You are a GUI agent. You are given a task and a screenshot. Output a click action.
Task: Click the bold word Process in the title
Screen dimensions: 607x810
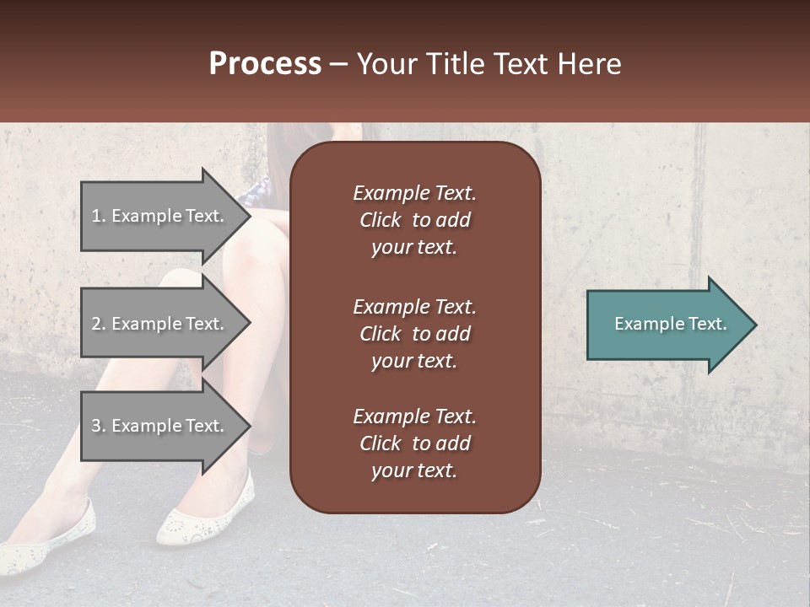click(265, 64)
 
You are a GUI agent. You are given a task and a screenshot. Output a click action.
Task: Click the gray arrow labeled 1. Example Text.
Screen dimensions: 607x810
click(160, 216)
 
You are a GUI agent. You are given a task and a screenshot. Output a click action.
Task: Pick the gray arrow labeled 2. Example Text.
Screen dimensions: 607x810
click(160, 324)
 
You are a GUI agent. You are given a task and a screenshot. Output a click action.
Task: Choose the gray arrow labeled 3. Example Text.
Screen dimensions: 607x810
click(160, 426)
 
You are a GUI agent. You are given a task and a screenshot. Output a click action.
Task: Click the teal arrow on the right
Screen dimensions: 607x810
click(667, 325)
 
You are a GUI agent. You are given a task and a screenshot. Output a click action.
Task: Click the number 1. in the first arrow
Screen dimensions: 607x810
click(99, 216)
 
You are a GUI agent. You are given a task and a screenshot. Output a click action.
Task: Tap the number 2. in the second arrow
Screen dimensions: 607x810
click(99, 324)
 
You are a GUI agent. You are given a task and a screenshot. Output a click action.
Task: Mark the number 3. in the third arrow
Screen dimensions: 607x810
click(99, 426)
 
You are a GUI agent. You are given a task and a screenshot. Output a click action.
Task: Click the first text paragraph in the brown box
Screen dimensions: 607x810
click(414, 220)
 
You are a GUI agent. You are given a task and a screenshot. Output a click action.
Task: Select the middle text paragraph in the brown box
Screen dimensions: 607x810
click(414, 334)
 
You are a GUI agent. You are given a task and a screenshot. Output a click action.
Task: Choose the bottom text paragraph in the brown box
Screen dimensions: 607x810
click(414, 443)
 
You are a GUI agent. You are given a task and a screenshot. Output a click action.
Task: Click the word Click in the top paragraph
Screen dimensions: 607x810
click(380, 220)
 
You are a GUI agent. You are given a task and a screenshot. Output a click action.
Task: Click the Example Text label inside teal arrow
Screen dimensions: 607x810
click(670, 324)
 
